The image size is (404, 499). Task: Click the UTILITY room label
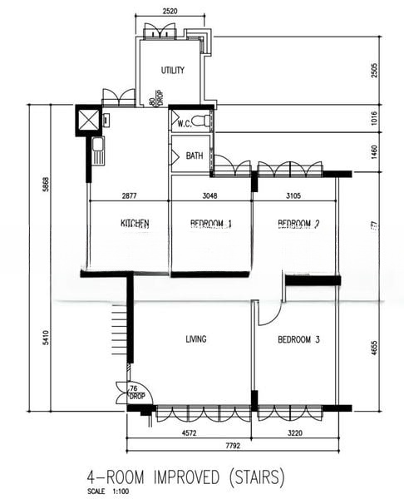[x=172, y=71]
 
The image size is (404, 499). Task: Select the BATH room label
[x=195, y=156]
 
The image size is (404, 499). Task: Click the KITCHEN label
[x=135, y=224]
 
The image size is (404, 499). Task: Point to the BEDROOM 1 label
[x=210, y=224]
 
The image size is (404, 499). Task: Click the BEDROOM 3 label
[x=298, y=339]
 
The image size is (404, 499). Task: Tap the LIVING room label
[x=195, y=339]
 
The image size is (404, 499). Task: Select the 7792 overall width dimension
[x=232, y=446]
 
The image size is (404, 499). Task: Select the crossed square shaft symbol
[x=87, y=121]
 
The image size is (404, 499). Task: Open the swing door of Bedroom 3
[x=268, y=314]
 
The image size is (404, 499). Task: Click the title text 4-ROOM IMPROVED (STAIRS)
[x=185, y=477]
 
